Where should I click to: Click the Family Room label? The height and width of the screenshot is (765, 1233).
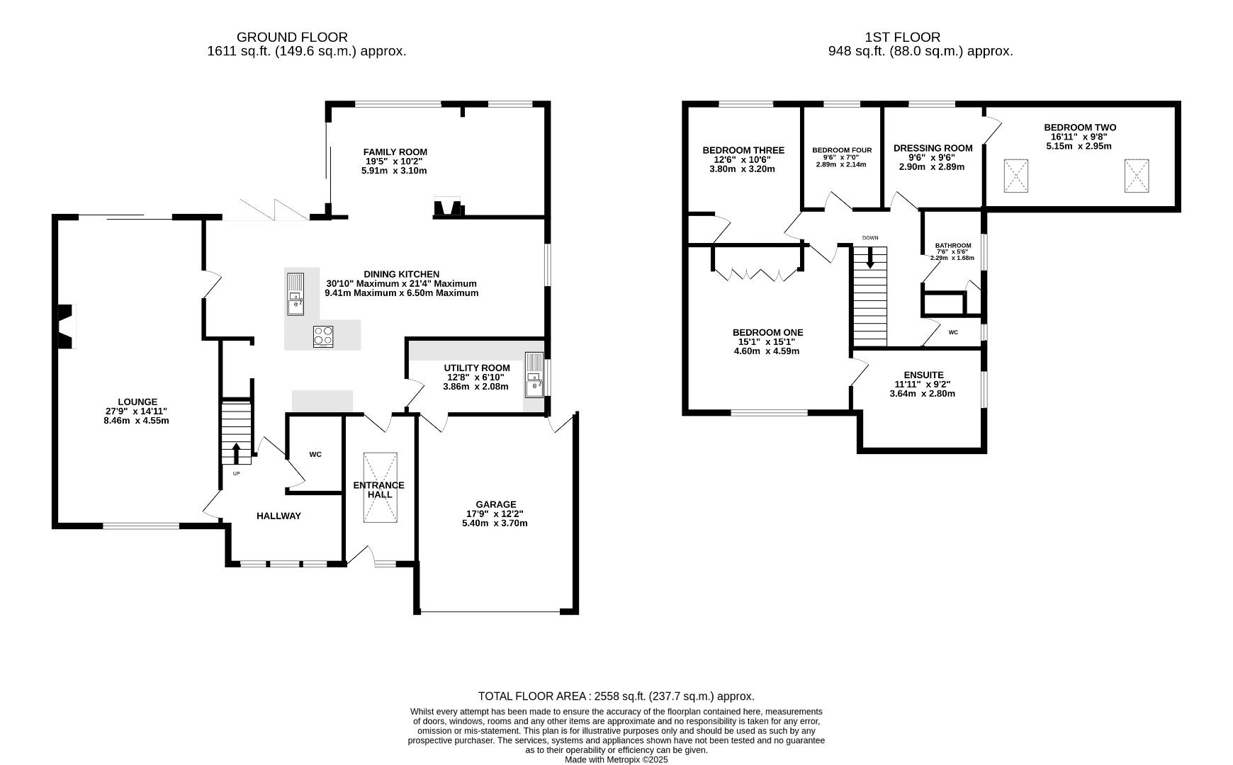[x=395, y=152]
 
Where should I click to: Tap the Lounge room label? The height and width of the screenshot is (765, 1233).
[x=137, y=402]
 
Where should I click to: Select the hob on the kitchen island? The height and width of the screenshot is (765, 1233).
[x=323, y=336]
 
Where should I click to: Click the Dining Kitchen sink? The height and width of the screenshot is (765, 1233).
[x=295, y=293]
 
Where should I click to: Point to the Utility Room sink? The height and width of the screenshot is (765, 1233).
[x=534, y=375]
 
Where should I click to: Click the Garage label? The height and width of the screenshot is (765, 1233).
[x=496, y=504]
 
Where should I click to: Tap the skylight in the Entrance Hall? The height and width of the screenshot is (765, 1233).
[x=381, y=488]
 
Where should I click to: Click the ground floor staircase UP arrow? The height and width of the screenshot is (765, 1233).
[x=237, y=453]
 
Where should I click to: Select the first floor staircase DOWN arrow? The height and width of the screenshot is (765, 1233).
[x=870, y=257]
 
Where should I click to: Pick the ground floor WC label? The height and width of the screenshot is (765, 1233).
[x=315, y=454]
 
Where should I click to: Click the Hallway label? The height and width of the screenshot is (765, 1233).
[x=278, y=516]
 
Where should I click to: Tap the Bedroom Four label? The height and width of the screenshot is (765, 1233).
[x=842, y=150]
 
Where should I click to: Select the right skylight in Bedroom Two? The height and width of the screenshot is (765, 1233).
[x=1137, y=176]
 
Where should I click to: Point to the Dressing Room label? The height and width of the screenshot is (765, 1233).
[x=933, y=148]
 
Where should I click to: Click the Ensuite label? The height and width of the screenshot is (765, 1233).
[x=923, y=375]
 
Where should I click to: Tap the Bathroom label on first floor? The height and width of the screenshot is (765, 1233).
[x=953, y=246]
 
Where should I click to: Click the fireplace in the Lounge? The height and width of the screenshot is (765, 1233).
[x=66, y=327]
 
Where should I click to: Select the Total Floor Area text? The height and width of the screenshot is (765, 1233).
[x=616, y=696]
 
